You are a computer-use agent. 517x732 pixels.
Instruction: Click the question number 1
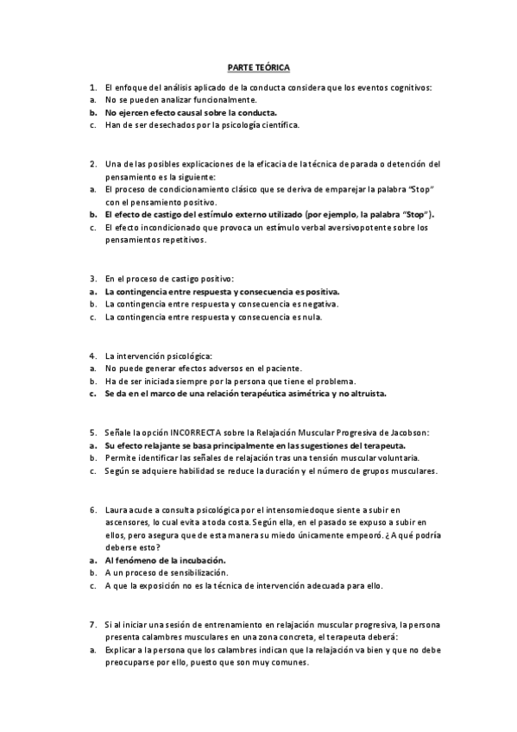point(92,88)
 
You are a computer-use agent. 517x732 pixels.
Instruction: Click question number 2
point(92,164)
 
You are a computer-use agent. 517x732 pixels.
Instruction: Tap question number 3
point(92,279)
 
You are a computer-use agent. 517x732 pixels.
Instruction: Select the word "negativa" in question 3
point(320,304)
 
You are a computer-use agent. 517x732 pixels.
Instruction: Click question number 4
point(92,356)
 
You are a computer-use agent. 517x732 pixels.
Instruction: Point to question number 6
point(92,509)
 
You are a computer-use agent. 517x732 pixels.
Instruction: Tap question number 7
point(92,623)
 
